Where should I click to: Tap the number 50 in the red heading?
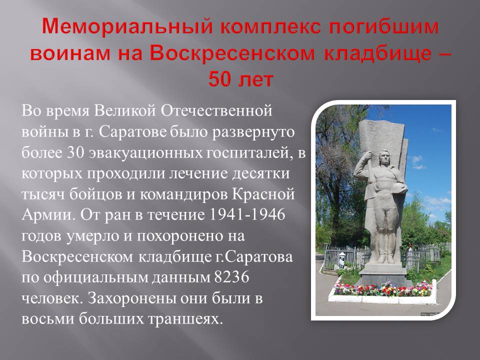(220, 79)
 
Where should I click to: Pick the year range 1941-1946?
(246, 214)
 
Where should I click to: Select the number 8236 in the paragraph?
(231, 277)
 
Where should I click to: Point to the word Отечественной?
(216, 110)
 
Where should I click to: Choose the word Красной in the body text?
(263, 194)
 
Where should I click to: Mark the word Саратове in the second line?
(133, 131)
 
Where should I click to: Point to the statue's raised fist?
(365, 156)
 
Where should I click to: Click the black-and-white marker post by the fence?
(342, 260)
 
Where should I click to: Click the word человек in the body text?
(50, 298)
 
